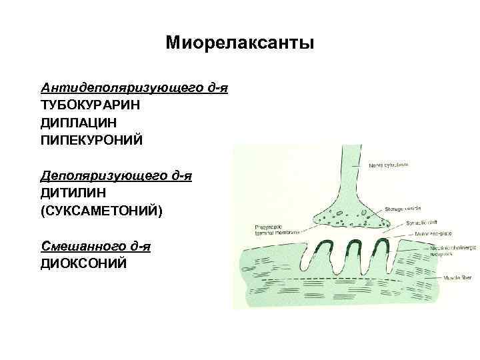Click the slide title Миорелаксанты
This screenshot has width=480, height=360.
(x=239, y=44)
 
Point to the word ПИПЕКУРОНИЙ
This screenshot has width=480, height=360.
(x=92, y=140)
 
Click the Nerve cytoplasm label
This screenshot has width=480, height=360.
(x=389, y=164)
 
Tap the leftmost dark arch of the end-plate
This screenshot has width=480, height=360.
(x=327, y=246)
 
